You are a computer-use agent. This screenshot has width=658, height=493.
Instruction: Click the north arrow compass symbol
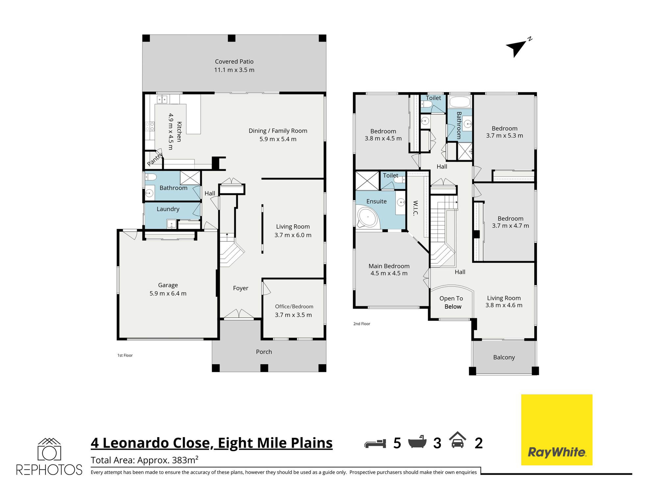[517, 48]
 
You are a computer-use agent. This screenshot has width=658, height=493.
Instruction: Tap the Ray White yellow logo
[557, 430]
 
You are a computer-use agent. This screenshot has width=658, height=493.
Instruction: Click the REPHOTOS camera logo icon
[49, 449]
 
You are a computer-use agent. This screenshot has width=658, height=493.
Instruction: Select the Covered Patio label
[234, 62]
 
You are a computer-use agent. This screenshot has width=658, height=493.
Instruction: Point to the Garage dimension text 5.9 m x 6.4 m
[168, 293]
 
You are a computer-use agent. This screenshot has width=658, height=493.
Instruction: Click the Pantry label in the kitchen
[155, 159]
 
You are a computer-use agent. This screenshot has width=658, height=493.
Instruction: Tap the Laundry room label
[168, 209]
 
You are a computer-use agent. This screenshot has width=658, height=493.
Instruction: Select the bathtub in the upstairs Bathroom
[460, 102]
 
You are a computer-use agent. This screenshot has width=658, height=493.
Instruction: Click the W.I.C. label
[415, 208]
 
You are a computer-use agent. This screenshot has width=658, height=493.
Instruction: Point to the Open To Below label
[451, 302]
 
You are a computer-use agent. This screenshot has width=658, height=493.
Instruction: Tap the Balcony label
[504, 357]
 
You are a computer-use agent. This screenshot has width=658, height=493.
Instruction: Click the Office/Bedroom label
[294, 306]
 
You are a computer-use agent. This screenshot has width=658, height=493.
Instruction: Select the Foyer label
[241, 288]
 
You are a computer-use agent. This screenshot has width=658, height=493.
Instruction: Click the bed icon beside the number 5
[375, 443]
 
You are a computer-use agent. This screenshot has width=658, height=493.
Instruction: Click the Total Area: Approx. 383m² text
[145, 460]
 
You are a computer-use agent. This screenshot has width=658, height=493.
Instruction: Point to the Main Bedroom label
[389, 266]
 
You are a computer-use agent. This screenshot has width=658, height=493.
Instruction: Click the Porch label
[264, 352]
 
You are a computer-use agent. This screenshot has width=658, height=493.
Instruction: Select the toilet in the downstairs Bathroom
[150, 177]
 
